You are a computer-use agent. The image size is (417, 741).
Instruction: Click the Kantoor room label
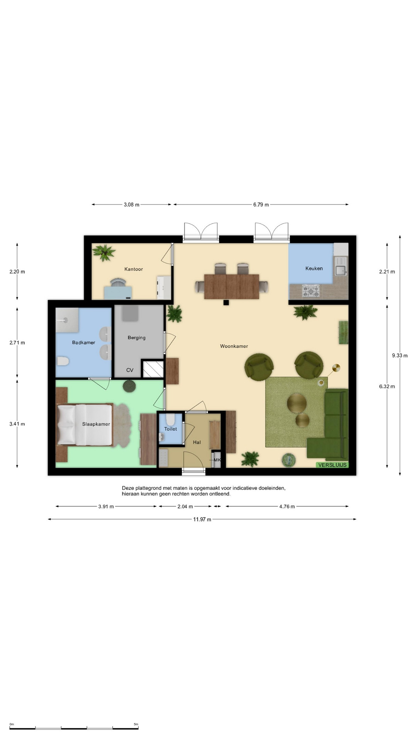(x=134, y=269)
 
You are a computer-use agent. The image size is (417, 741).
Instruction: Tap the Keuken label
(x=314, y=268)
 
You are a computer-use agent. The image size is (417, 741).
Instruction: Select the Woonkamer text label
(x=234, y=346)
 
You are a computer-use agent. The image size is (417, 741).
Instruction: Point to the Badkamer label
(x=83, y=342)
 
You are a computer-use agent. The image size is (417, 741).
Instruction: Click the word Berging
(x=137, y=338)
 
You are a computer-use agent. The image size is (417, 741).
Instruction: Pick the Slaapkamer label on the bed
(x=96, y=424)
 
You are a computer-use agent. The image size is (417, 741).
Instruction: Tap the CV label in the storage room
(x=130, y=370)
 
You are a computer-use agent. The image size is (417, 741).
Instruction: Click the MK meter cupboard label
(x=217, y=460)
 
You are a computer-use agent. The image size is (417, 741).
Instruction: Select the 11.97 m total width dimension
(x=202, y=519)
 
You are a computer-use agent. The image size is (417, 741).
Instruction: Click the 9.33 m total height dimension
(x=400, y=355)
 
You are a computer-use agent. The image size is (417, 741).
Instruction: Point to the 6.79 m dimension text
(x=261, y=205)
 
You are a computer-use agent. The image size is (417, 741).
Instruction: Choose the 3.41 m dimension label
(x=17, y=424)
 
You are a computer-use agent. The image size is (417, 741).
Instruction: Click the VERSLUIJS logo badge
(x=332, y=465)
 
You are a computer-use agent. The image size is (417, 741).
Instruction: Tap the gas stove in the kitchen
(x=311, y=291)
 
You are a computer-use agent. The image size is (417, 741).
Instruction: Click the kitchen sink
(x=341, y=270)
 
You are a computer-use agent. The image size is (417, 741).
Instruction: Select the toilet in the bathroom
(x=63, y=361)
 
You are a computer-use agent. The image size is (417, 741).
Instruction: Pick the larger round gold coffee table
(x=297, y=403)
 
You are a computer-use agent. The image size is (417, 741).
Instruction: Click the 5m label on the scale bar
(x=136, y=724)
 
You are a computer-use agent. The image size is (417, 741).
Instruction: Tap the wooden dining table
(x=232, y=286)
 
